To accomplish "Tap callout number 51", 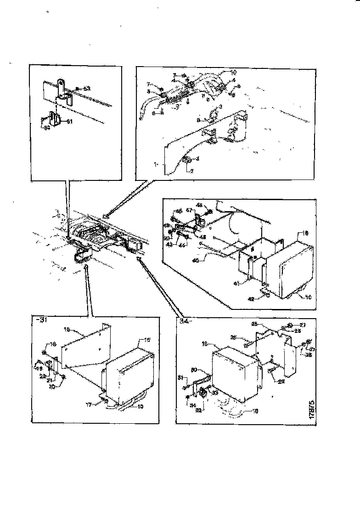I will point(70,122).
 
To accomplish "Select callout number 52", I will point(47,128).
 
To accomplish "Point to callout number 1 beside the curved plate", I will point(155,163).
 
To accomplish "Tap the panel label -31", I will point(41,320).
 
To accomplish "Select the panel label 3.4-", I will point(184,320).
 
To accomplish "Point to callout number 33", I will point(215,392).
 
